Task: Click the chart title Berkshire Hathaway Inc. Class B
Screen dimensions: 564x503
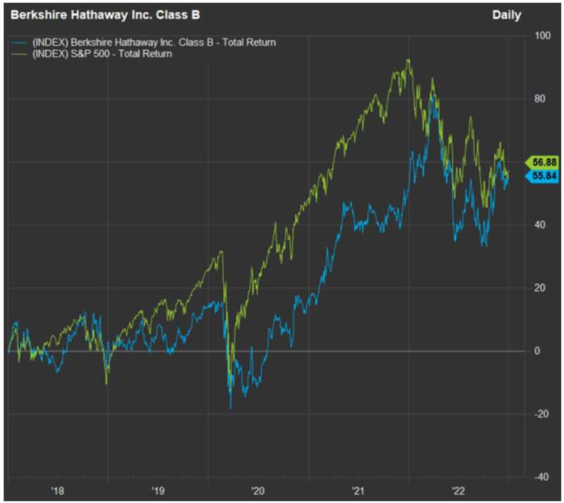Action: (x=105, y=15)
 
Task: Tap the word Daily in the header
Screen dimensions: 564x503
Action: (x=506, y=15)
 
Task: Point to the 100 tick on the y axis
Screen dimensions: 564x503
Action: (x=542, y=36)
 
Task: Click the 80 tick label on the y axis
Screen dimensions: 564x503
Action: (x=539, y=99)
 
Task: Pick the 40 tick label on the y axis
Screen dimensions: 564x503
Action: (x=539, y=225)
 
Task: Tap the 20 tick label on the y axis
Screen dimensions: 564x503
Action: (x=539, y=288)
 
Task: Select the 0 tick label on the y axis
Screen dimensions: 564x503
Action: (x=537, y=351)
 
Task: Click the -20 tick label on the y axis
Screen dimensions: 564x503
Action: (x=541, y=414)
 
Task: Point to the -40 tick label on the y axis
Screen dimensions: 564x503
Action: (x=541, y=477)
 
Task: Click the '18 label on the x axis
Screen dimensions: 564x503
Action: (x=58, y=490)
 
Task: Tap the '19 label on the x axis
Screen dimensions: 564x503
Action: (x=157, y=490)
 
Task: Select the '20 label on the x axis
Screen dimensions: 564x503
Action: (x=258, y=490)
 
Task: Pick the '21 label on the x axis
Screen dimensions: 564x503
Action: (x=358, y=490)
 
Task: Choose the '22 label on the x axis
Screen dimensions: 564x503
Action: (x=458, y=490)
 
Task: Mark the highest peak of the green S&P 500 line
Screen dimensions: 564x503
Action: (x=408, y=59)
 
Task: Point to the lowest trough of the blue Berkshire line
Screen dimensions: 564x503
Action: (x=231, y=409)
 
